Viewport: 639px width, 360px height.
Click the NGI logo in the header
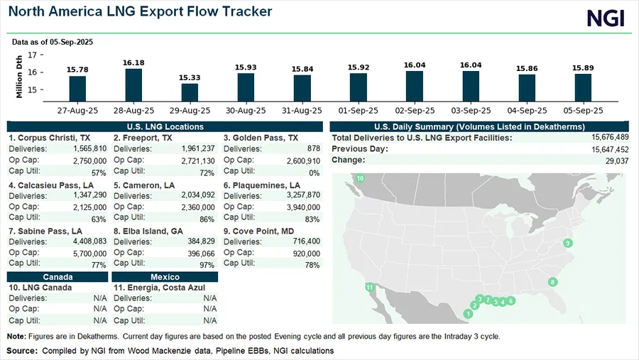pyautogui.click(x=606, y=18)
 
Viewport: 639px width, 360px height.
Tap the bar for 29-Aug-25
pyautogui.click(x=190, y=92)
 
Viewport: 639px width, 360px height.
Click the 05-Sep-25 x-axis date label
pyautogui.click(x=583, y=111)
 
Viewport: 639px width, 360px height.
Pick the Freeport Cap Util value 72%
pyautogui.click(x=207, y=173)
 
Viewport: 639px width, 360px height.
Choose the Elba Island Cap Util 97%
pyautogui.click(x=207, y=265)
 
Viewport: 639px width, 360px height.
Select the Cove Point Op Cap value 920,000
pyautogui.click(x=304, y=253)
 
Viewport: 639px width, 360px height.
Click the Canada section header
pyautogui.click(x=58, y=276)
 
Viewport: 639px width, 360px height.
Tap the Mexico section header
pyautogui.click(x=165, y=276)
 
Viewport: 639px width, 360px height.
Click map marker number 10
pyautogui.click(x=360, y=178)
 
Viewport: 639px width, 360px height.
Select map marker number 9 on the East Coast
pyautogui.click(x=567, y=244)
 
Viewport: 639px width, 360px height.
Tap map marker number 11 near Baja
pyautogui.click(x=369, y=287)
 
